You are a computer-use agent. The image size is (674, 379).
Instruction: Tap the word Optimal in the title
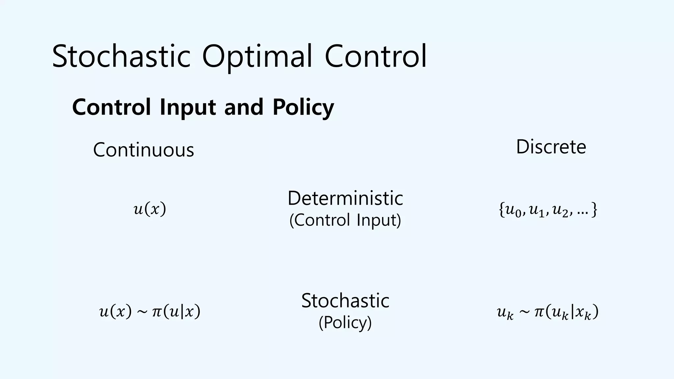tap(257, 57)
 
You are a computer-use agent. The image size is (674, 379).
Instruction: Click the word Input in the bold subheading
tap(188, 107)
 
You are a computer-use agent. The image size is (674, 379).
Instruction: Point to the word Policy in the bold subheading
tap(303, 107)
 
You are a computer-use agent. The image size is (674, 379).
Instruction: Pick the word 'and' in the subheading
tap(244, 107)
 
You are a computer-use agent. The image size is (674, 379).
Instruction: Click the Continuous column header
tap(143, 150)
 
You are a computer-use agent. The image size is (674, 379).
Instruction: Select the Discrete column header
tap(551, 147)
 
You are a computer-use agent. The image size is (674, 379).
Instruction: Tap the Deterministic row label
tap(345, 198)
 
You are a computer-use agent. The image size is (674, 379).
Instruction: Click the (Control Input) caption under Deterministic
tap(345, 220)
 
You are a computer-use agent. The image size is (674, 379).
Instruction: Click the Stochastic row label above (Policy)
tap(345, 300)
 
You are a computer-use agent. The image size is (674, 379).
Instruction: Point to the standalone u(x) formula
tap(150, 209)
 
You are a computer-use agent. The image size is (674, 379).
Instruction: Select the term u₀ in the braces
tap(513, 211)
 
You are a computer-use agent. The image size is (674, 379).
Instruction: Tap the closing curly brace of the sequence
tap(594, 210)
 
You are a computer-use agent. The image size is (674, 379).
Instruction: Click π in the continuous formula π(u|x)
tap(157, 312)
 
